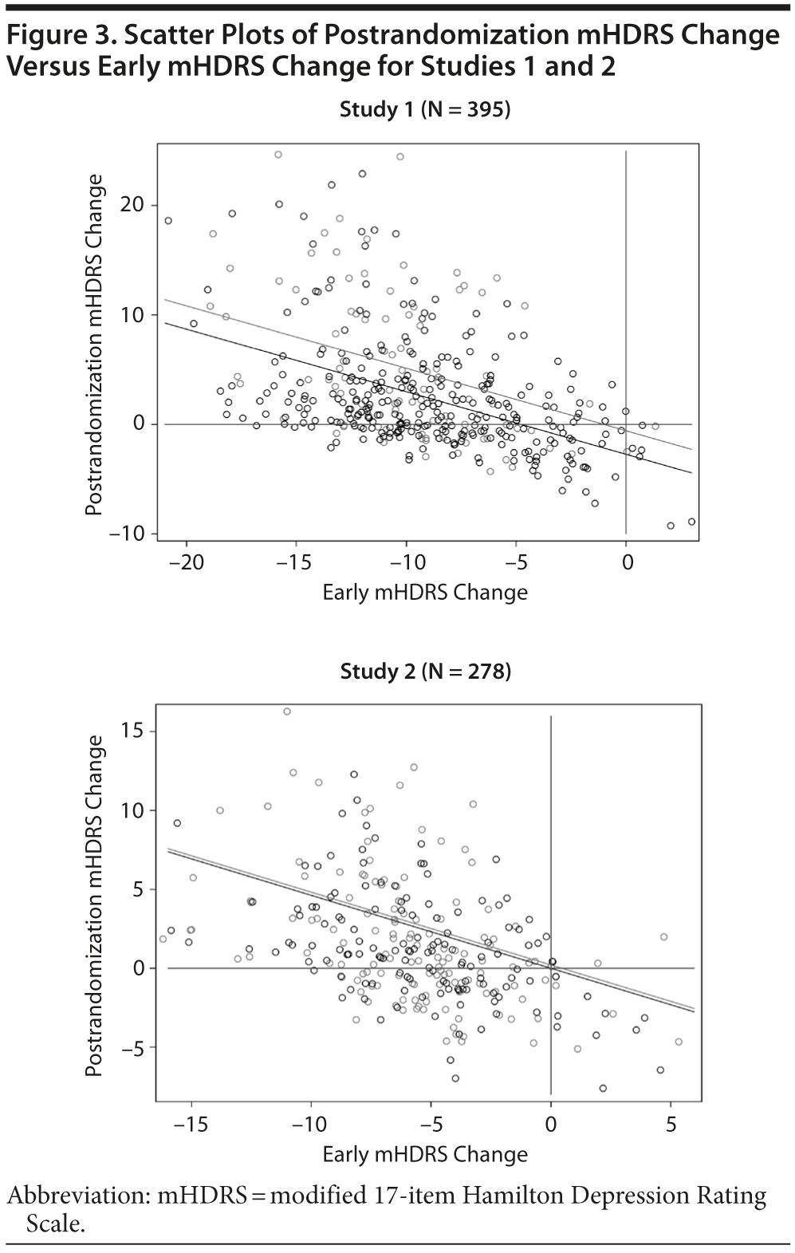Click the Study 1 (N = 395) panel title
click(424, 109)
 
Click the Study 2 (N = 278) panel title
click(425, 671)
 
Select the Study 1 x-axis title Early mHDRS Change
click(425, 593)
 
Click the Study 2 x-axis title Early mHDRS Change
click(425, 1153)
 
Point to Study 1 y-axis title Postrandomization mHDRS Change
click(94, 345)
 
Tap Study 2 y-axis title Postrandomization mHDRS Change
click(94, 905)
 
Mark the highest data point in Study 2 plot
click(287, 711)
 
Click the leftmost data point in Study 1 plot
click(168, 221)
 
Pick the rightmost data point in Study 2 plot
click(679, 1042)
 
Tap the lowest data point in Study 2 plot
click(603, 1088)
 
